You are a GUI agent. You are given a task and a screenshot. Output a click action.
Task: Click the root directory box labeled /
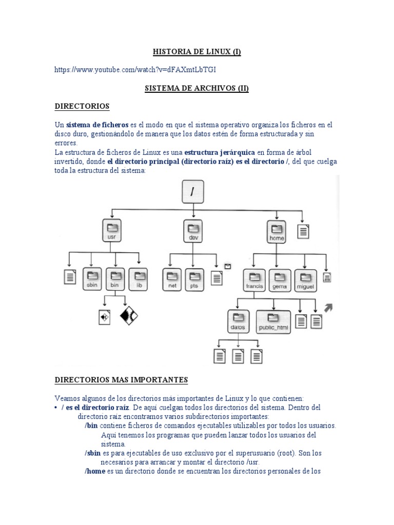[x=193, y=192]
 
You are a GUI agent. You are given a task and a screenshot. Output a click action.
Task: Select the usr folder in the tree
[x=112, y=231]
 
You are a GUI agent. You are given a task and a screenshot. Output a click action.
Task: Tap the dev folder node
[x=193, y=231]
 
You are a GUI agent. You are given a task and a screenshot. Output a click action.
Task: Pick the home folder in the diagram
[x=277, y=231]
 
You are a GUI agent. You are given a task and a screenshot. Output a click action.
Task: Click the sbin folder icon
[x=93, y=279]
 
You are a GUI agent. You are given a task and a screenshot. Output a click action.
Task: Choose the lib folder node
[x=139, y=278]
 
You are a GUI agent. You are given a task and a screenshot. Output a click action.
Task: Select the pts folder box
[x=194, y=279]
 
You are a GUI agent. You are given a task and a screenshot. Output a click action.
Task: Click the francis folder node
[x=254, y=279]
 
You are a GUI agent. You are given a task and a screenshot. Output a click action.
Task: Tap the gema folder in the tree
[x=280, y=279]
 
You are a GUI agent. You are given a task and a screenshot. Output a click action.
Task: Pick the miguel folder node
[x=305, y=279]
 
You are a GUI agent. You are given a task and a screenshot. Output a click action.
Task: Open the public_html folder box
[x=273, y=321]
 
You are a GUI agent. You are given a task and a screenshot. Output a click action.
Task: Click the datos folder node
[x=238, y=321]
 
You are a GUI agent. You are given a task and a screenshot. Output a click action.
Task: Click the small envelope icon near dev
[x=228, y=266]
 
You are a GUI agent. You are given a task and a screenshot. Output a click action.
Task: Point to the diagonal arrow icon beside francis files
[x=328, y=308]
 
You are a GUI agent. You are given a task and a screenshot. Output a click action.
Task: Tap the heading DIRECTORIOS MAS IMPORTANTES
[x=122, y=380]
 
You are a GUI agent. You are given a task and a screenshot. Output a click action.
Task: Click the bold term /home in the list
[x=95, y=471]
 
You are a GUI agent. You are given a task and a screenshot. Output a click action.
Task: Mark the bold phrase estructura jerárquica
[x=220, y=152]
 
